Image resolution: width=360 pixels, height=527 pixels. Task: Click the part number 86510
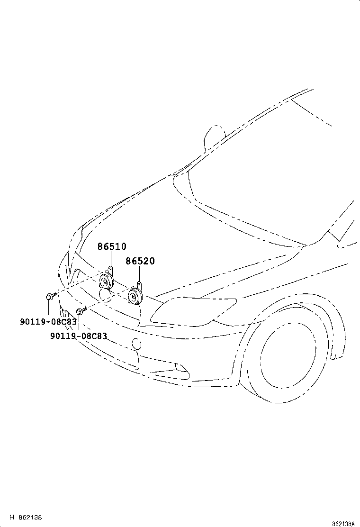click(x=112, y=246)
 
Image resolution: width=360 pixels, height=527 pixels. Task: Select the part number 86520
click(x=140, y=261)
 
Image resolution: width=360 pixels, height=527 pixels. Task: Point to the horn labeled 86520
click(x=135, y=296)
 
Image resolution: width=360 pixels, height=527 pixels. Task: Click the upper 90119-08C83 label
click(x=48, y=321)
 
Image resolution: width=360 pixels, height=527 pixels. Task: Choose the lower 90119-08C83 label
click(x=78, y=336)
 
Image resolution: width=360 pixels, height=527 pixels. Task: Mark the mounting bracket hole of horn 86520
click(x=139, y=284)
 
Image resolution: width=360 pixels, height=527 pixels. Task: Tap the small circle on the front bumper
click(x=136, y=344)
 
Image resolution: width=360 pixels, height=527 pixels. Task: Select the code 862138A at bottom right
click(x=343, y=524)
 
